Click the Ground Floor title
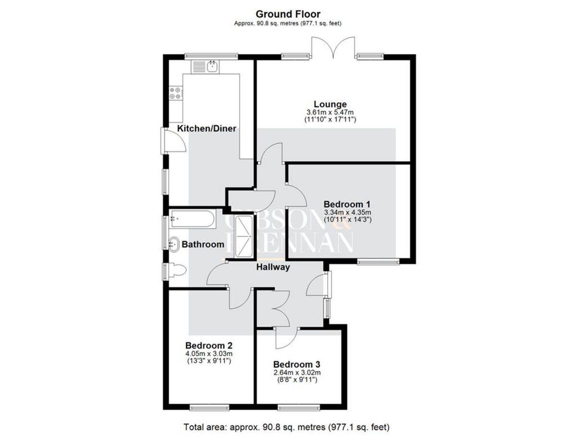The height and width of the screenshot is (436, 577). click(288, 14)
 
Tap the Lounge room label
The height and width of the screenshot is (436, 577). click(330, 104)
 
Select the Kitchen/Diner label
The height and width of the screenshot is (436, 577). click(207, 128)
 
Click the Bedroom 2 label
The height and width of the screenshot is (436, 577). click(209, 346)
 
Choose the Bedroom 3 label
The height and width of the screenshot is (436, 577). click(297, 364)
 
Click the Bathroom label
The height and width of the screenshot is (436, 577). click(202, 244)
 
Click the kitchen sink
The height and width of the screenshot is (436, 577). click(212, 66)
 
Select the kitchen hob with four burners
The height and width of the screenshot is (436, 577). click(176, 92)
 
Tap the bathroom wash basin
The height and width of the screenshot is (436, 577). click(174, 244)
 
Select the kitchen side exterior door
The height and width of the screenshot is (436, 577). click(172, 141)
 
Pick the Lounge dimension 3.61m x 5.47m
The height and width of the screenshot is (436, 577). click(330, 112)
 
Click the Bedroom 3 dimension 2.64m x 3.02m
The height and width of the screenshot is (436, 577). click(297, 372)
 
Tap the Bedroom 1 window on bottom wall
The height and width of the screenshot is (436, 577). click(378, 262)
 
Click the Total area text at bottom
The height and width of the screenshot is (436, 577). click(287, 427)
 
